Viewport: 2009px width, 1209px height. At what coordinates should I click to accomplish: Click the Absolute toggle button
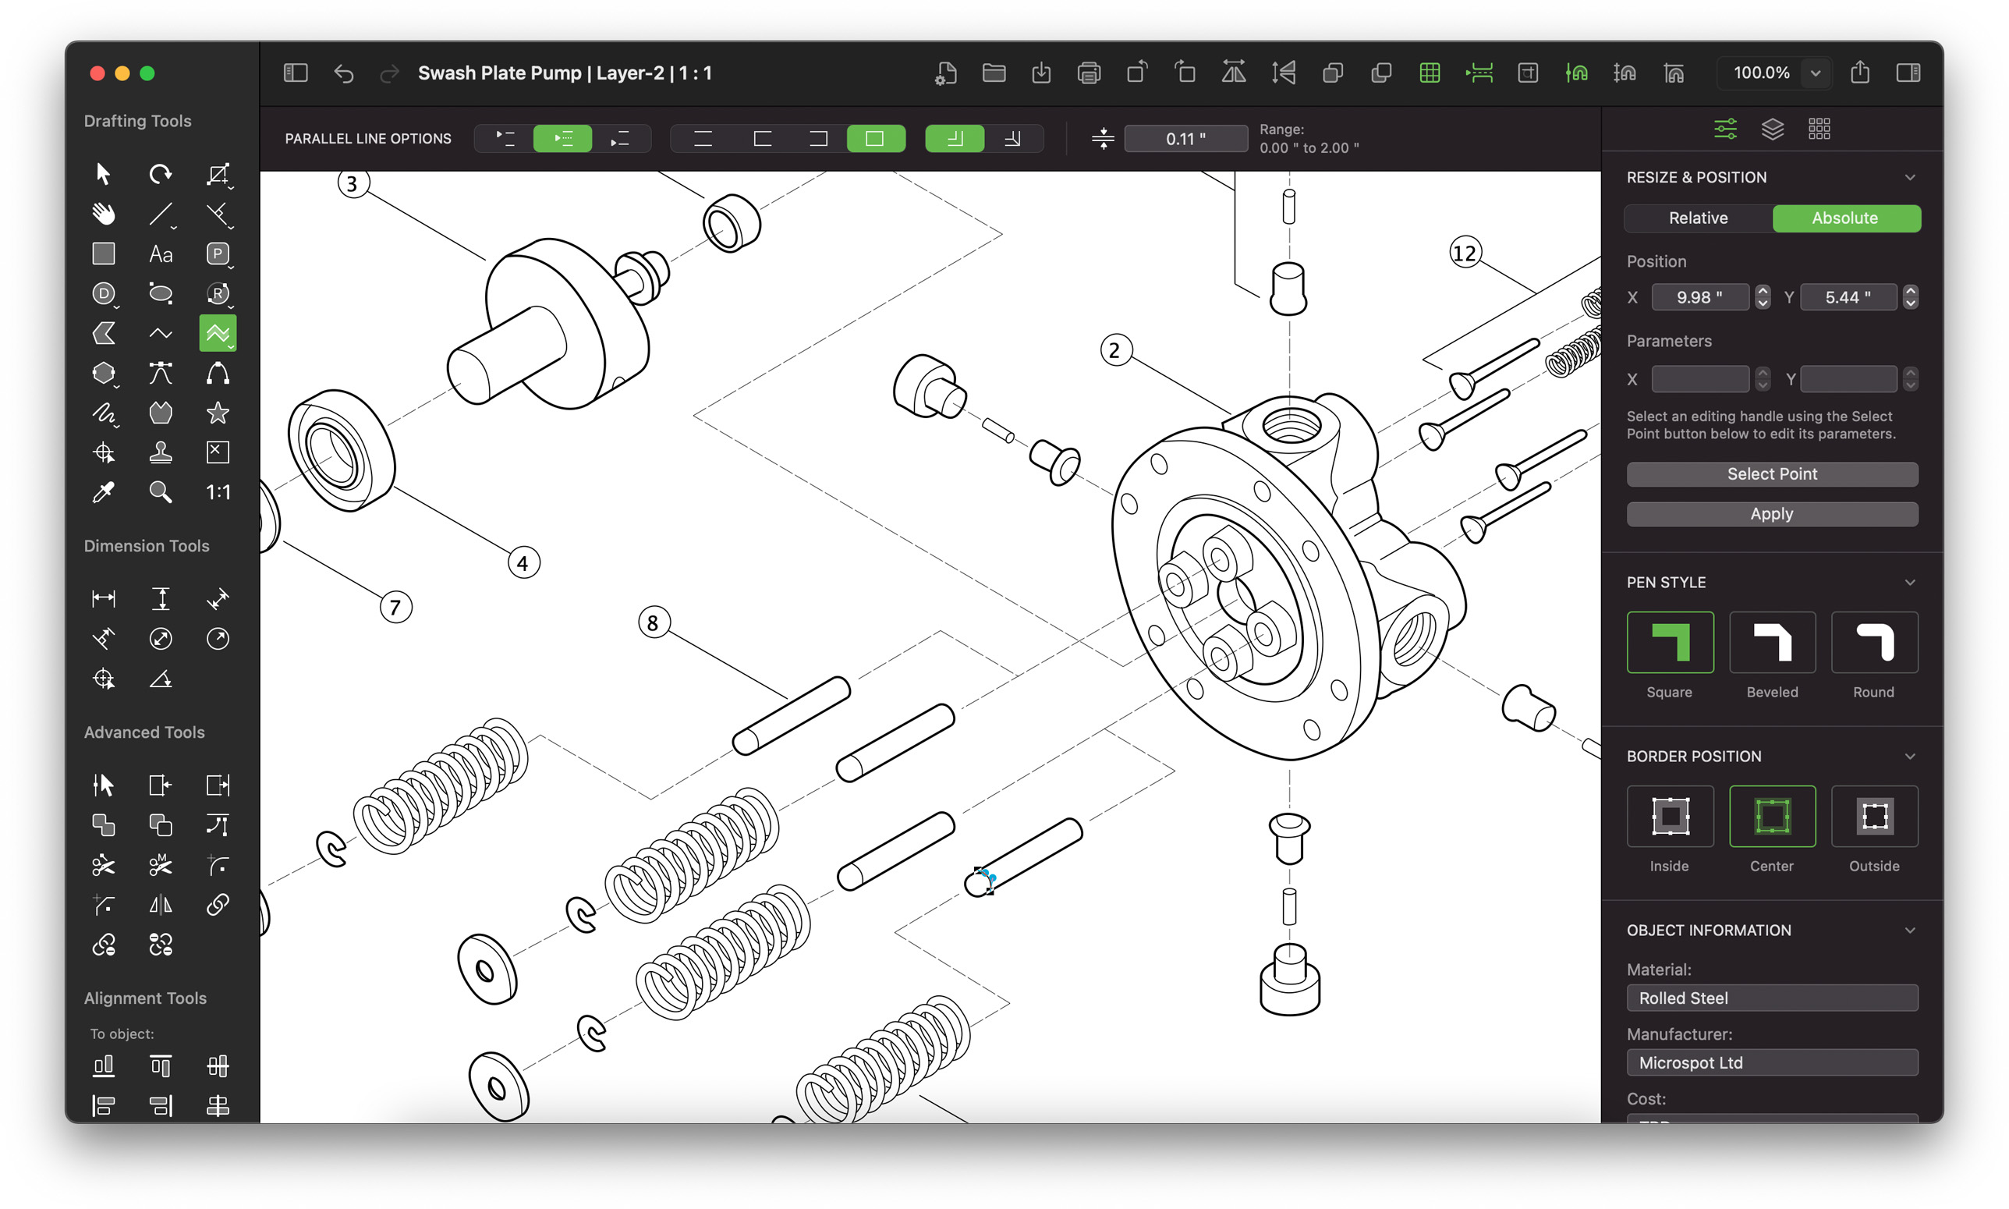point(1845,218)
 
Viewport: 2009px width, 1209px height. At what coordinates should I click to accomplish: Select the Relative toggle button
point(1698,218)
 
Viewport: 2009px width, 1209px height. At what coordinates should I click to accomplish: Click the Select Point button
point(1771,474)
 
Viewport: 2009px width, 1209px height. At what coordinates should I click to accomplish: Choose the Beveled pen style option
point(1771,643)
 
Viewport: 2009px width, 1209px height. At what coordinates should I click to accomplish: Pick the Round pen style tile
point(1873,643)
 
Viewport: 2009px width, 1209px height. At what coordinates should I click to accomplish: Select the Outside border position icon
point(1873,817)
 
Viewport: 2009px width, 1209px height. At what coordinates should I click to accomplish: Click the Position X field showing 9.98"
point(1699,297)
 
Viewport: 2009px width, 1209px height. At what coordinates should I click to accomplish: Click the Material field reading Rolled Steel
point(1771,998)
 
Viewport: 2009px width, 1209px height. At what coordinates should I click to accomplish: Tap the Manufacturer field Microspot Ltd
point(1771,1062)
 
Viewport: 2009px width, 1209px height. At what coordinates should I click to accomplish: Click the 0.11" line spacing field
point(1185,139)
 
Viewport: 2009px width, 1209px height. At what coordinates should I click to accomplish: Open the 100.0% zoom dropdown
point(1815,73)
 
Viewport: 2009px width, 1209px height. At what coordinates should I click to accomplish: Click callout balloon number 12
point(1465,253)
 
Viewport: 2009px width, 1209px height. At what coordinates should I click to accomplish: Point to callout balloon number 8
point(653,623)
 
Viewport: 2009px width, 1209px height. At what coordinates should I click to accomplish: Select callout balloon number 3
point(353,183)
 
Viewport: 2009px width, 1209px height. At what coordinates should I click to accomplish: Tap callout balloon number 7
point(395,608)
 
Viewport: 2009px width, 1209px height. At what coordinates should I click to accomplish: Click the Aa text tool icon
point(161,254)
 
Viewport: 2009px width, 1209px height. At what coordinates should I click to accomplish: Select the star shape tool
point(218,413)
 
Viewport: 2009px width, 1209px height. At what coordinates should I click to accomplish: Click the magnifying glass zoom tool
point(161,492)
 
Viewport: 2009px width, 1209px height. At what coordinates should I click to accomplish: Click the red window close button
point(97,73)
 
